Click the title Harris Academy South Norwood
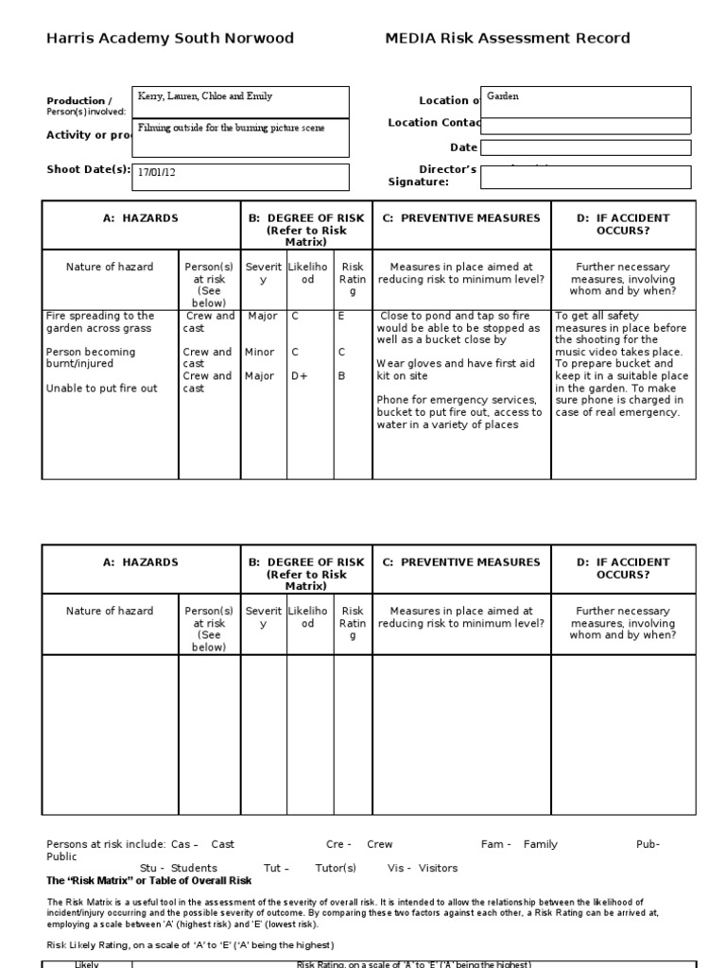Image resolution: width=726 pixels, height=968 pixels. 170,39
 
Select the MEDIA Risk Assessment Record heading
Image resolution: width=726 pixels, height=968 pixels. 507,39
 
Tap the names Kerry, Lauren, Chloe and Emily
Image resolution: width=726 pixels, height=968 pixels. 205,96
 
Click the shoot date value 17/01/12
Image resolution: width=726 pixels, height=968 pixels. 157,173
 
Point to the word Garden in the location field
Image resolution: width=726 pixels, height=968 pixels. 503,96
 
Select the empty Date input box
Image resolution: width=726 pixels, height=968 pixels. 585,147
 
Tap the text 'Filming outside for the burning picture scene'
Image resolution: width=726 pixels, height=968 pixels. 232,128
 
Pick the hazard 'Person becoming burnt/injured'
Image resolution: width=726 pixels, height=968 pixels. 91,358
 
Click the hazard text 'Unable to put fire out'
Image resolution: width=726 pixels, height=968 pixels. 101,388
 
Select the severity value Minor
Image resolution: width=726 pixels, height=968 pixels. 260,352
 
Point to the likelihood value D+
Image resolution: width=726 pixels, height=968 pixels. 300,376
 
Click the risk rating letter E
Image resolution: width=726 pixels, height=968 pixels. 341,316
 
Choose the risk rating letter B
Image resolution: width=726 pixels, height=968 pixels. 341,376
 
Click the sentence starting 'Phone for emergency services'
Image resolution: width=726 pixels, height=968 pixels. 459,412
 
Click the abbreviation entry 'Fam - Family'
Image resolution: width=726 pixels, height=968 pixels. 519,844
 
